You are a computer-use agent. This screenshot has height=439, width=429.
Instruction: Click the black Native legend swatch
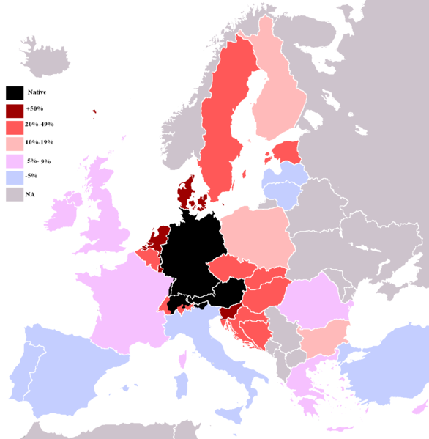pyautogui.click(x=15, y=93)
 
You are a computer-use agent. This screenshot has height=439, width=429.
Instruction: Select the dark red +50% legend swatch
pyautogui.click(x=15, y=109)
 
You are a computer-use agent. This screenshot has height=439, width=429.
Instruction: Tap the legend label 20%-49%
pyautogui.click(x=39, y=125)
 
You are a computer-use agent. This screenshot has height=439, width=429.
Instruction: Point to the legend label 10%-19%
pyautogui.click(x=39, y=142)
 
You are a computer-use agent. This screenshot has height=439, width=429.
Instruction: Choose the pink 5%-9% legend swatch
pyautogui.click(x=15, y=161)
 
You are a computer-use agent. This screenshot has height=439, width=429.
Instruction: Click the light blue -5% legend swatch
pyautogui.click(x=15, y=177)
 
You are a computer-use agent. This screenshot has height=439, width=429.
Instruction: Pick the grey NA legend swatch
pyautogui.click(x=15, y=194)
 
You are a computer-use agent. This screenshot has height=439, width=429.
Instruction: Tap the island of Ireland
pyautogui.click(x=64, y=212)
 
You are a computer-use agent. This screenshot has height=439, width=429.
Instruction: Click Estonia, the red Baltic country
pyautogui.click(x=286, y=152)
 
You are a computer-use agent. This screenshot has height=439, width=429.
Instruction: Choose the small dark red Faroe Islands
pyautogui.click(x=94, y=112)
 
